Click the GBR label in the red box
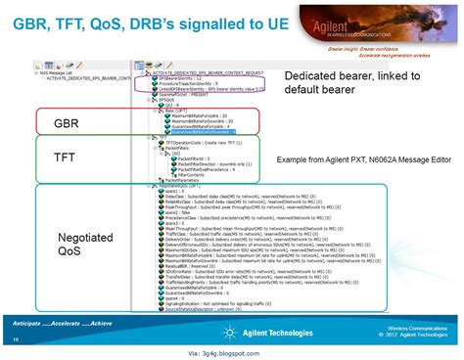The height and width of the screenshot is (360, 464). point(67,122)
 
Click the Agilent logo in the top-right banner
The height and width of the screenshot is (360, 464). point(393,22)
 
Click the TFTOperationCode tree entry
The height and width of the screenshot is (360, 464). point(206,143)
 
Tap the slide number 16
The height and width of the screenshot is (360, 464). point(16,339)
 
